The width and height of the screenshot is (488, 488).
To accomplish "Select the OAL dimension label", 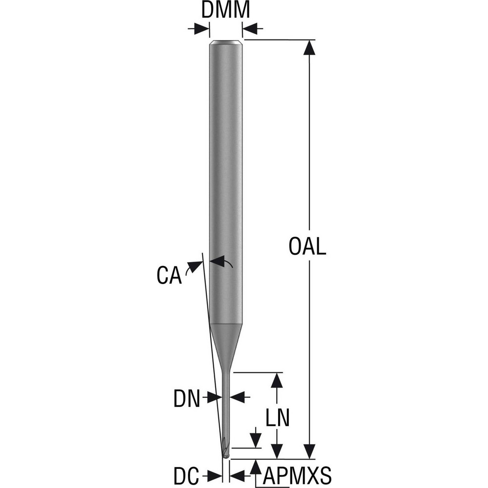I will pos(307,247).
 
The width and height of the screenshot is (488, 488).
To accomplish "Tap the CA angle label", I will pos(169,275).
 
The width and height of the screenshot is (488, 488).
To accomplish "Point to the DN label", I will pos(187,399).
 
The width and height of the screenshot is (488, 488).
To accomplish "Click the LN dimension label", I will pos(278,418).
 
